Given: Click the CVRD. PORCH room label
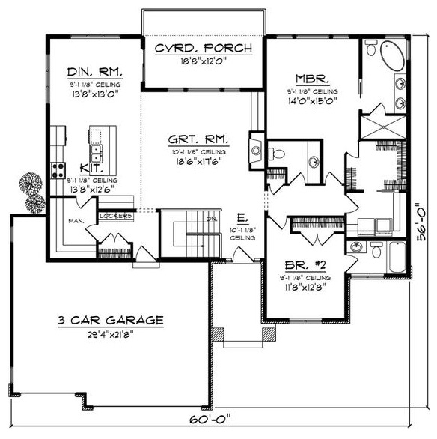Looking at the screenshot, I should (204, 49).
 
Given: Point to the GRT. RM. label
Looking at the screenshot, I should (199, 139).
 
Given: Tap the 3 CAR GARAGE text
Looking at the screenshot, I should (111, 320).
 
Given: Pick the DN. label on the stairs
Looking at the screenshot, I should (211, 219).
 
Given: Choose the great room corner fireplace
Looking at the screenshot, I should (255, 148).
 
